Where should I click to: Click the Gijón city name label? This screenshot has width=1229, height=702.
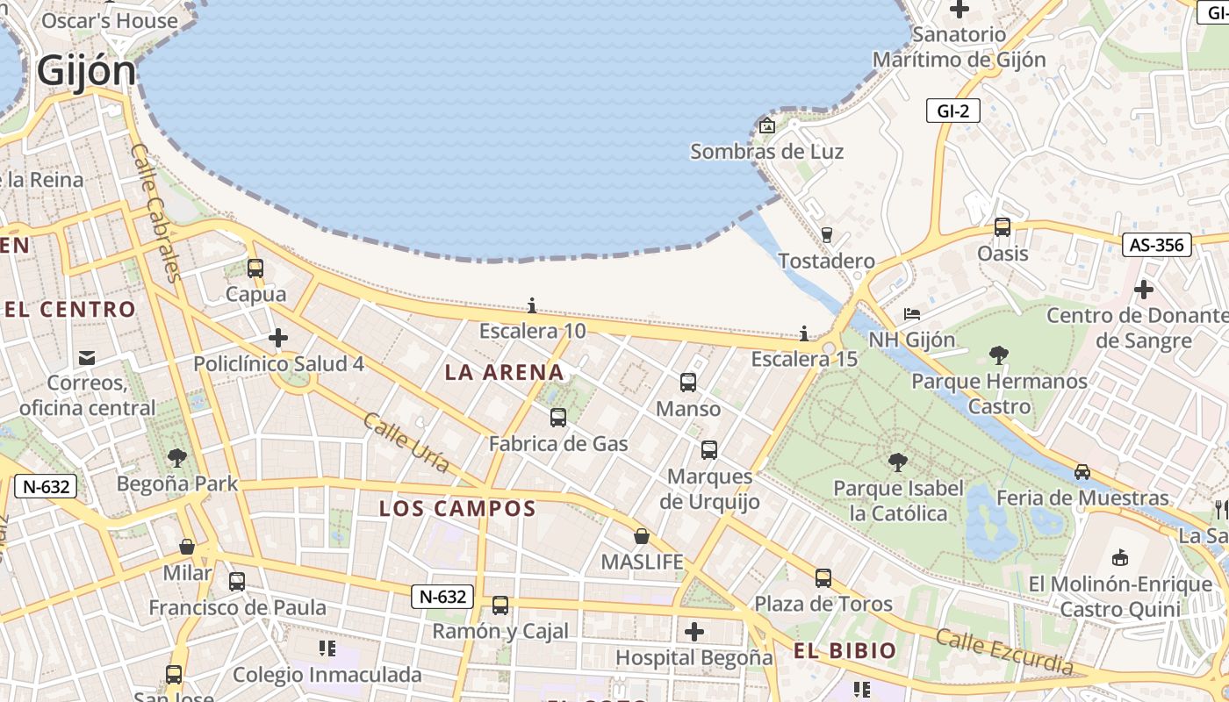coord(86,72)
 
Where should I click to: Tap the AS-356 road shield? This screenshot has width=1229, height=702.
coord(1156,245)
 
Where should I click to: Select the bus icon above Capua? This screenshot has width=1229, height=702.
coord(255,269)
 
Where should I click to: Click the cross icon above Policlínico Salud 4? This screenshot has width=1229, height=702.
coord(278,338)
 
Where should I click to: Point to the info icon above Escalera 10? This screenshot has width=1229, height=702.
coord(532,305)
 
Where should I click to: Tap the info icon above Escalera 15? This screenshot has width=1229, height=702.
coord(804,333)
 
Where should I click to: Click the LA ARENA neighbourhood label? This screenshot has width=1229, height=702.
coord(504,372)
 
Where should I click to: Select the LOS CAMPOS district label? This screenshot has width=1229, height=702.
coord(457,508)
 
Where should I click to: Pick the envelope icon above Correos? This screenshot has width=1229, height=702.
coord(87,357)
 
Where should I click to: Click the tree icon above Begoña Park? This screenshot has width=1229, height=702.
coord(177,457)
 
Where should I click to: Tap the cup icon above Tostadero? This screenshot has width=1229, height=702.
coord(826,234)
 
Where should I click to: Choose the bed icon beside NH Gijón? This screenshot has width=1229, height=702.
coord(912,314)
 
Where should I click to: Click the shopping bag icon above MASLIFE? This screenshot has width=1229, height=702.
coord(642,536)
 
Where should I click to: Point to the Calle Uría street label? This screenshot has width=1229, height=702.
coord(406,442)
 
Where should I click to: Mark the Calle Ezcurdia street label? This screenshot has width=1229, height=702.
coord(1003,651)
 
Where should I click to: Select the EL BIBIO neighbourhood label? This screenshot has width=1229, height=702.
coord(844,650)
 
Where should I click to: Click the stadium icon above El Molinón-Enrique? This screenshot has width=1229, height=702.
coord(1120,557)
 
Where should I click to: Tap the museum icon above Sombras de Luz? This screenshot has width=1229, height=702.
coord(767,125)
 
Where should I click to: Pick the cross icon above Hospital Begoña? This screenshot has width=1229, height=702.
coord(694,632)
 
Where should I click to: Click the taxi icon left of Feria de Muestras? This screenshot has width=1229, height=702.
coord(1082,472)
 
